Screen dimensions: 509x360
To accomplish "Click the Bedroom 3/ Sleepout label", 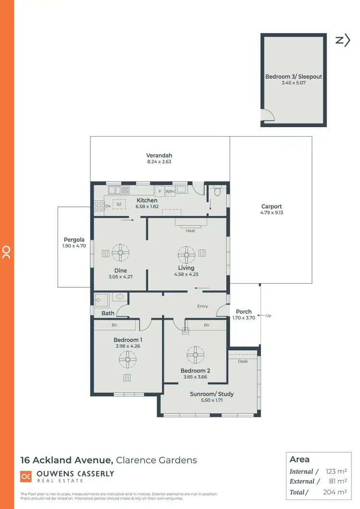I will tap(293, 76).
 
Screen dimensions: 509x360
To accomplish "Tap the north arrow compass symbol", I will tap(343, 40).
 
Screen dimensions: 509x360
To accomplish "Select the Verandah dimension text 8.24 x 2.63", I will tap(159, 162).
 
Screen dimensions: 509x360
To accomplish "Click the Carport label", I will tap(271, 206).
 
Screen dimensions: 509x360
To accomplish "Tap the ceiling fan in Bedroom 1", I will tap(128, 358).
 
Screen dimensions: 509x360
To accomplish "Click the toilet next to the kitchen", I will tap(216, 192).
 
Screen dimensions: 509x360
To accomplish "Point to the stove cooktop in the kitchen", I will tap(98, 205).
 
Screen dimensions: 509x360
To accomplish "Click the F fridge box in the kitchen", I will tap(159, 191).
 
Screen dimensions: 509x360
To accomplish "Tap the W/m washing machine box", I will tap(170, 191).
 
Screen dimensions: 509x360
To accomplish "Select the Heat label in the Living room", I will tap(190, 231).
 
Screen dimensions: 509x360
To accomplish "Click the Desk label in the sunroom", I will tap(243, 361).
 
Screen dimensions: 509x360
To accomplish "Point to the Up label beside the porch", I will tap(268, 315).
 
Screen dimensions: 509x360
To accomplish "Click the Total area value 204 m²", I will tap(336, 492).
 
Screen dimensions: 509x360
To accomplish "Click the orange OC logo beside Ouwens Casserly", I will tap(26, 476).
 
